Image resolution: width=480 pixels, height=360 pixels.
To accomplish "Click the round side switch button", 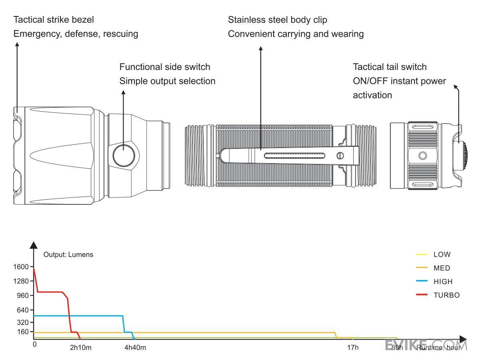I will tap(123, 156).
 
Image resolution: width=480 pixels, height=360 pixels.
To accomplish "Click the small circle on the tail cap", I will tap(422, 155).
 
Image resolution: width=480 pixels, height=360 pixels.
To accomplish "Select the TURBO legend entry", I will tap(446, 295).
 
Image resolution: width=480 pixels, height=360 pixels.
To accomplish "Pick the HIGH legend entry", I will tap(443, 282).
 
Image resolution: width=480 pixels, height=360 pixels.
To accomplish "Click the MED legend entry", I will tap(442, 268).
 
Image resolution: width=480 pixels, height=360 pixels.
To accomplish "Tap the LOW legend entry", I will tap(442, 254).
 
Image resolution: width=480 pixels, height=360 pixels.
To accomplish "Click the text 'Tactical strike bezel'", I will tap(54, 20).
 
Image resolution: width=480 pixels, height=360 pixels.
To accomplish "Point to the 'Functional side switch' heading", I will tap(165, 66).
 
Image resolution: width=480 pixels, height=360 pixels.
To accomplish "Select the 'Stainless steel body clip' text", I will tap(279, 20).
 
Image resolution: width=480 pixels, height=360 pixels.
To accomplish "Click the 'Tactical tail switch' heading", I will tap(390, 66).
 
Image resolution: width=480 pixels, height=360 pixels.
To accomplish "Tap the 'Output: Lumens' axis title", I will tap(68, 254).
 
